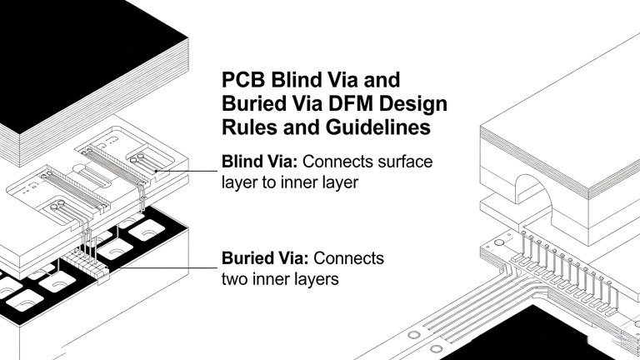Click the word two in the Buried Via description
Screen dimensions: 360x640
pyautogui.click(x=238, y=279)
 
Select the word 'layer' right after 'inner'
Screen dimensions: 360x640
pyautogui.click(x=339, y=182)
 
